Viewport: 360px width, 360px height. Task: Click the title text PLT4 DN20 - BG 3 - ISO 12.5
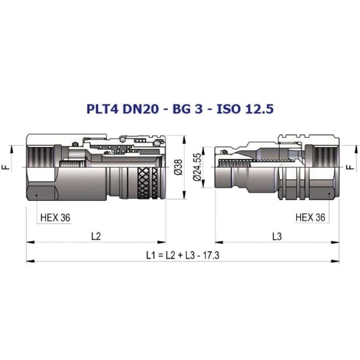coord(180,109)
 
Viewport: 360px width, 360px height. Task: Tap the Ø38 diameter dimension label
coord(178,167)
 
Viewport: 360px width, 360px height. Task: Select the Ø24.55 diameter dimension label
coord(197,167)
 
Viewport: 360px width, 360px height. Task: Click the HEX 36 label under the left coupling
coord(55,218)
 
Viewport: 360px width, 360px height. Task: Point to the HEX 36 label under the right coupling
coord(310,217)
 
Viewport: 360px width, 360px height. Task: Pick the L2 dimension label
coord(96,236)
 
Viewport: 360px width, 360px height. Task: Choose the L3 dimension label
coord(277,236)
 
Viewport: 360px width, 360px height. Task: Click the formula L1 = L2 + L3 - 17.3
coord(183,255)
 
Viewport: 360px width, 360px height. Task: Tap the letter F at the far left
coord(7,167)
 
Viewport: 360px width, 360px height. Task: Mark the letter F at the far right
coord(350,167)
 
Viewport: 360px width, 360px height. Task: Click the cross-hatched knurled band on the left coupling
coord(148,183)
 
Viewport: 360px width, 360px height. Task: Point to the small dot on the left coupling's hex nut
coord(37,195)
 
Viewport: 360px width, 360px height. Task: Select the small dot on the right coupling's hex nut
coord(329,194)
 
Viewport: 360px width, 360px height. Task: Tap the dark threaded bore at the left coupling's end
coord(41,157)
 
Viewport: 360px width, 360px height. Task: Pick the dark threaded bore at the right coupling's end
coord(326,157)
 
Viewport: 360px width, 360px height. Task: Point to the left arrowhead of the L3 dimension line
coord(219,242)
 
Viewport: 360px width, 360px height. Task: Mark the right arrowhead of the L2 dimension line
coord(161,242)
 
